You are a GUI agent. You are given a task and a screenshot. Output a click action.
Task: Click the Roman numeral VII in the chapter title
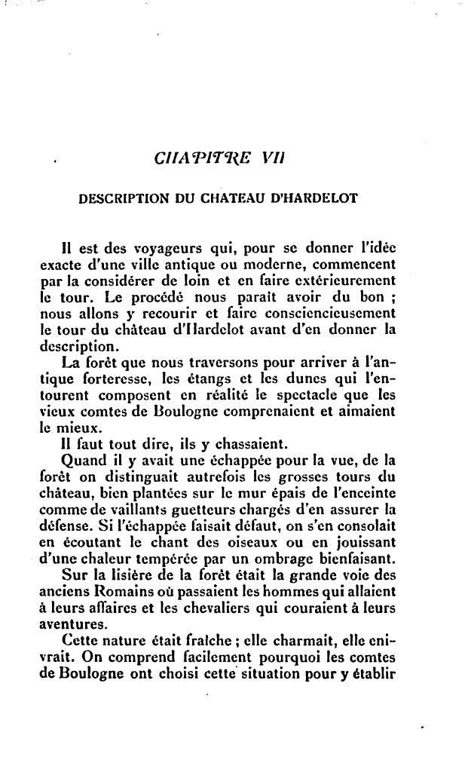coord(271,159)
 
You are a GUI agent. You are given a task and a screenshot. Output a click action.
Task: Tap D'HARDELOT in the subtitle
coord(314,200)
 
